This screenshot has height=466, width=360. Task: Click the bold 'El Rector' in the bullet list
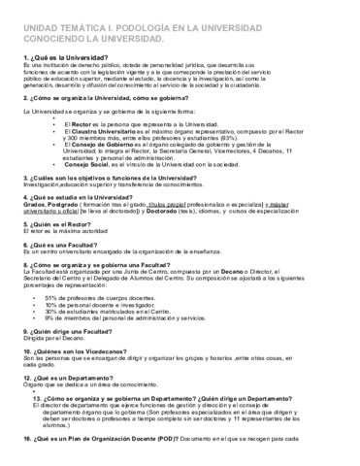point(81,125)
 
